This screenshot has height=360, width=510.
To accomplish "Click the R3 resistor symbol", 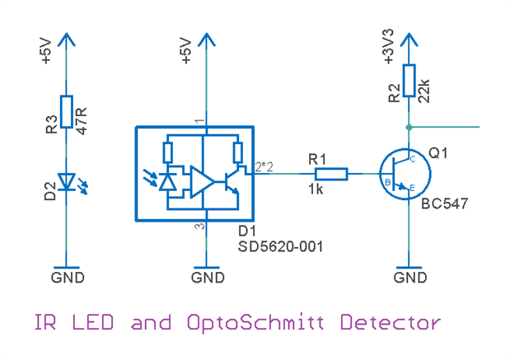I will (x=67, y=114).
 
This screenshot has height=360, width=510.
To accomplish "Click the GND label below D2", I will (x=67, y=278).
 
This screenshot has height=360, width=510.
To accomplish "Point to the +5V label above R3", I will (x=46, y=51).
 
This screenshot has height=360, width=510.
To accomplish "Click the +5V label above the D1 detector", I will (x=186, y=51).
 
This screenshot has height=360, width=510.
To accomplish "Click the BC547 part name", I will (x=444, y=203).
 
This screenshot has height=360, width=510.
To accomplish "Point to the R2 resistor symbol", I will (x=409, y=81).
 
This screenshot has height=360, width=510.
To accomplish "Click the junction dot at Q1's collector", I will (x=409, y=127).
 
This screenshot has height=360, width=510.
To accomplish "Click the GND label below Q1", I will (x=410, y=278).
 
